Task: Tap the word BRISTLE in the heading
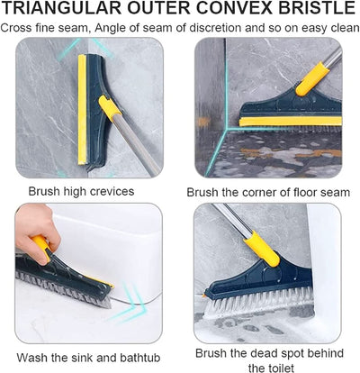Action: click(311, 10)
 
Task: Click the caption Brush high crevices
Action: click(81, 192)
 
